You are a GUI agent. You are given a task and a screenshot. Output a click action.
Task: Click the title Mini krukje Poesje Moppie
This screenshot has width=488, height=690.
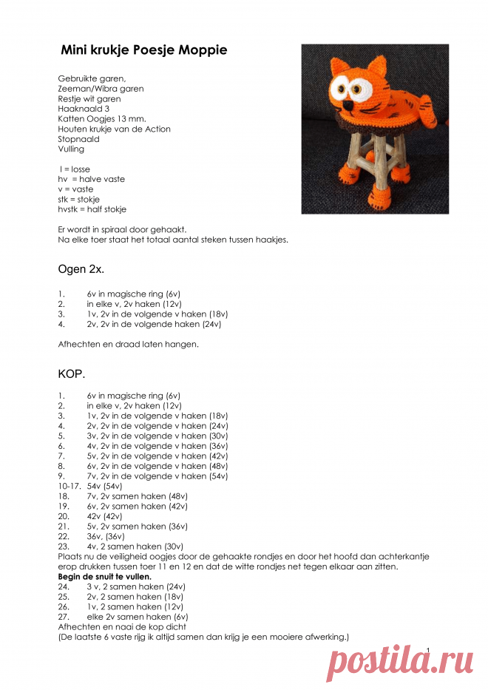click(143, 50)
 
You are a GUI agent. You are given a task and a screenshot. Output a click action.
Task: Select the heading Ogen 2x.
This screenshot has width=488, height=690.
click(81, 270)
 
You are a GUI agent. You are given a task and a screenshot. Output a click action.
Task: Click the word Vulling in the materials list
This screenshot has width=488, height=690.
click(71, 149)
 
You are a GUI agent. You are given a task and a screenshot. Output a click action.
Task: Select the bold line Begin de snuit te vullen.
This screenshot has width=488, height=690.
click(105, 576)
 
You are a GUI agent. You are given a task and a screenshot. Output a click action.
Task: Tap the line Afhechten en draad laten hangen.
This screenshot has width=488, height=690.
click(128, 344)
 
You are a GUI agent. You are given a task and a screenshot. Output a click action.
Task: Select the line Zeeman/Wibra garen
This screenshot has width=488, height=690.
click(101, 89)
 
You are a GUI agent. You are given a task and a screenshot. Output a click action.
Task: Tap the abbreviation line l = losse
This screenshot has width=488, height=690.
click(75, 169)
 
